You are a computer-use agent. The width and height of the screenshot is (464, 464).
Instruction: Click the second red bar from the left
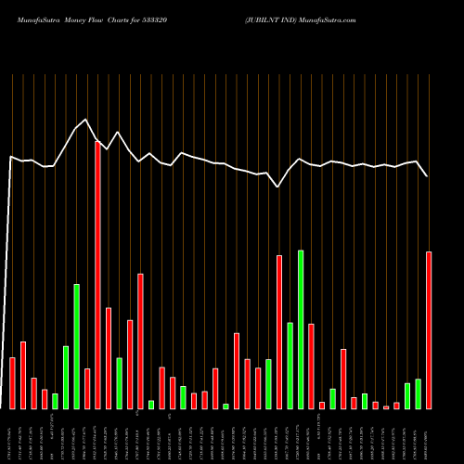[x=23, y=375]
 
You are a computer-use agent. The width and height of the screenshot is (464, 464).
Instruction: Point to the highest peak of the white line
[x=86, y=120]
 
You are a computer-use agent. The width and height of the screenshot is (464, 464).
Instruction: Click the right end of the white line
[x=428, y=175]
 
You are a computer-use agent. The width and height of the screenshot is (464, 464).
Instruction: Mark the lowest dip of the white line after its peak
[x=278, y=187]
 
